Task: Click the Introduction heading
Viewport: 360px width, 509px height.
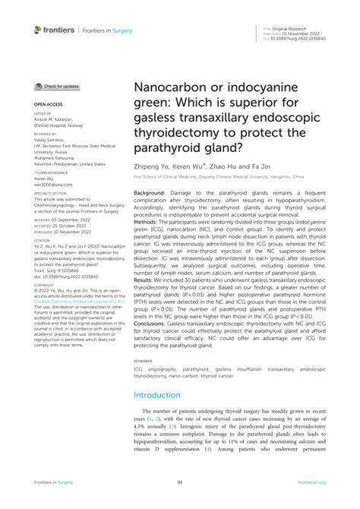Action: pos(162,395)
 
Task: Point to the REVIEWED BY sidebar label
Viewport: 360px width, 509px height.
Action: pos(46,133)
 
